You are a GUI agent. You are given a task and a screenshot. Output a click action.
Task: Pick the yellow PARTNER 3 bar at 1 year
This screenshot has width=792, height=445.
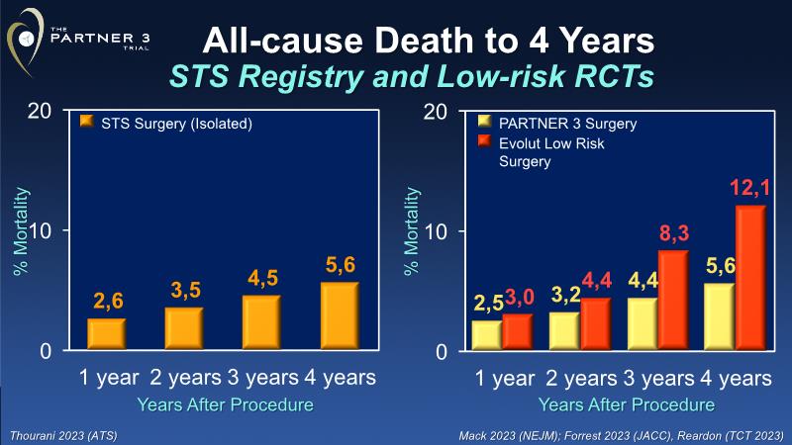point(487,334)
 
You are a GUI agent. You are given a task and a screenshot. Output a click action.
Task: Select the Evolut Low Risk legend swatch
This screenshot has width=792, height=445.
point(484,143)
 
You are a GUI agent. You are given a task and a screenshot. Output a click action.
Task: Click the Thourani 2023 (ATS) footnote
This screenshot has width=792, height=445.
point(59,434)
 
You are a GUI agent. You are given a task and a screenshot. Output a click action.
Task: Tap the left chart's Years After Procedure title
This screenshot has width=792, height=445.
point(228,404)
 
